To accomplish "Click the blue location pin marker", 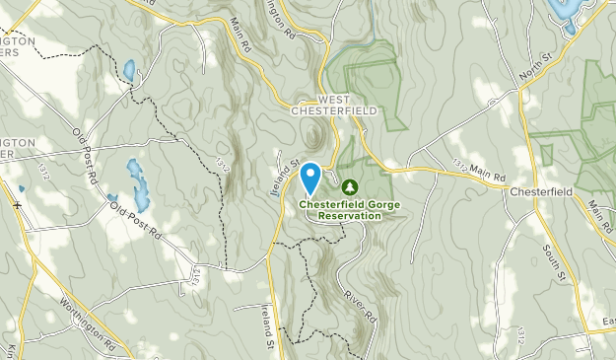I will pos(310,178).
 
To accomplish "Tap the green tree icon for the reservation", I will pos(349,185).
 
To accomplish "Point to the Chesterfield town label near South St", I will pos(540,191).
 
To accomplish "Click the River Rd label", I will pos(361,306).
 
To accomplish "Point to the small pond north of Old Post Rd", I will pos(129,71).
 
